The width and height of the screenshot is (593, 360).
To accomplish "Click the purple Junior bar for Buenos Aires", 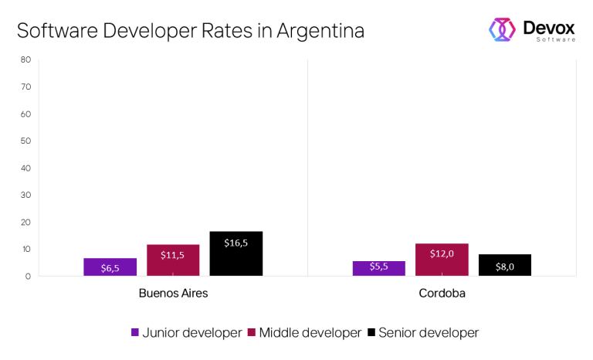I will (x=110, y=267).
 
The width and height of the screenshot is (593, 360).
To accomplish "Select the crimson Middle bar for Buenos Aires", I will (x=173, y=260).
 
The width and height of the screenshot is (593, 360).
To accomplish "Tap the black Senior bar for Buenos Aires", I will (x=236, y=253).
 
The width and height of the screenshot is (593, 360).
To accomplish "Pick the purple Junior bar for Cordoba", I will (x=378, y=268).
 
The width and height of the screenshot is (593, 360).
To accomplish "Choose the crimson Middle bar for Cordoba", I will (x=442, y=260).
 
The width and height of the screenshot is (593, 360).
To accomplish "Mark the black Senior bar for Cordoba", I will (x=505, y=265).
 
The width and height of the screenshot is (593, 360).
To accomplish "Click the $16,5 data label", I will (x=236, y=243).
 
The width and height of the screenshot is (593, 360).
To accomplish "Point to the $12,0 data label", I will (x=442, y=253).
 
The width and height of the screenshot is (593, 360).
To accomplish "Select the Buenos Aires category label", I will (x=173, y=294).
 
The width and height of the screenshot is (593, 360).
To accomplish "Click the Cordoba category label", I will (x=442, y=294).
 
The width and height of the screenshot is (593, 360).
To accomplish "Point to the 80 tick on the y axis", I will (x=25, y=59).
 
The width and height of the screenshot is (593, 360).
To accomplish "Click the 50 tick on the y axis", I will (x=25, y=141).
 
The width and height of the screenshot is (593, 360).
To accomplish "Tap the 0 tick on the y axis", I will (x=28, y=276).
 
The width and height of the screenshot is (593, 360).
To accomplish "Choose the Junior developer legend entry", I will (x=186, y=333).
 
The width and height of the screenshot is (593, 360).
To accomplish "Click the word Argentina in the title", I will (x=320, y=31).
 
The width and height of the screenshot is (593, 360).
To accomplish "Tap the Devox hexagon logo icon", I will (x=502, y=29).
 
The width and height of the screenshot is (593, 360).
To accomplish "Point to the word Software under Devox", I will (x=555, y=39).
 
